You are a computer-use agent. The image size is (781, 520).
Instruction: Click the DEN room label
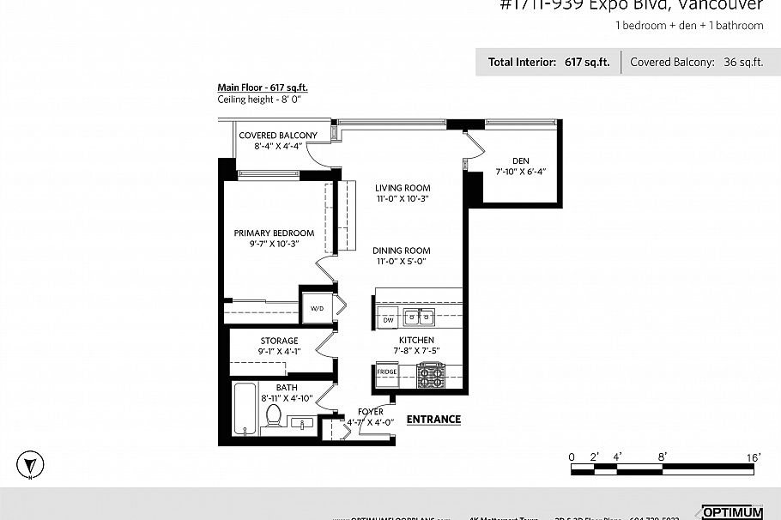[520, 160]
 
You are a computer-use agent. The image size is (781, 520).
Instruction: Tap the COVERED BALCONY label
[277, 136]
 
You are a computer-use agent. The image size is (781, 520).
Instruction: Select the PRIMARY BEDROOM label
[274, 233]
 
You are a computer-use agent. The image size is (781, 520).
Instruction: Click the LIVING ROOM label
[403, 188]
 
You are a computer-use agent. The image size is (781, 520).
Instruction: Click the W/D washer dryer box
[316, 308]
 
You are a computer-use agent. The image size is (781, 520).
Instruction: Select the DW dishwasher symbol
[388, 319]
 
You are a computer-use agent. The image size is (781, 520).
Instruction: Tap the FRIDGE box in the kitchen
[387, 372]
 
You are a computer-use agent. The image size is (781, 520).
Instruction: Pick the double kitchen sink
[421, 317]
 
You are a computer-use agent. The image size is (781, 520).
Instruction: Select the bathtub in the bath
[244, 409]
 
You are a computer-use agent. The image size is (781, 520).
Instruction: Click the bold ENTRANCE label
[433, 420]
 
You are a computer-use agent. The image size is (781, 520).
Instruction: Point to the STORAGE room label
[279, 341]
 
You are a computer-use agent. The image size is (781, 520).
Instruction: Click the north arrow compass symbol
[31, 464]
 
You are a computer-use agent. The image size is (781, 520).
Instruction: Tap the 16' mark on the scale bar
[753, 457]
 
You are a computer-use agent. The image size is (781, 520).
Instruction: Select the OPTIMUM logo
[731, 511]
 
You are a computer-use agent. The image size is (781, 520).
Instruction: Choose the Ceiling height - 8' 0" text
[259, 99]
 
